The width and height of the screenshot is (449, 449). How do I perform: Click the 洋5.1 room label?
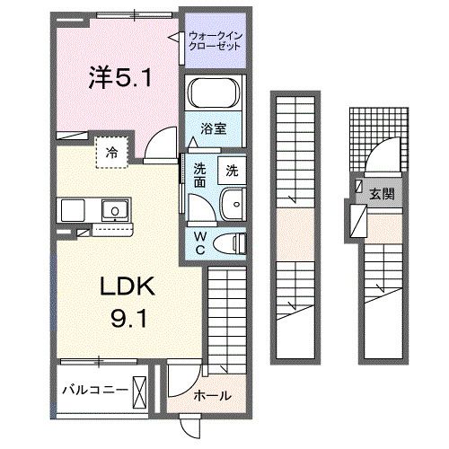tap(119, 80)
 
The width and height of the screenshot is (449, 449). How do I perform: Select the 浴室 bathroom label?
tap(213, 129)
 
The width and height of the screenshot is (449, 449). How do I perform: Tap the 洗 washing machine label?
tap(232, 170)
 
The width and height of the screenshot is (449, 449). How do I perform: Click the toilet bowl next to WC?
tap(233, 241)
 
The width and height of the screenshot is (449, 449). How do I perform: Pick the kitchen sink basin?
tap(115, 212)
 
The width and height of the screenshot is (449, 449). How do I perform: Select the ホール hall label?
tap(212, 396)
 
